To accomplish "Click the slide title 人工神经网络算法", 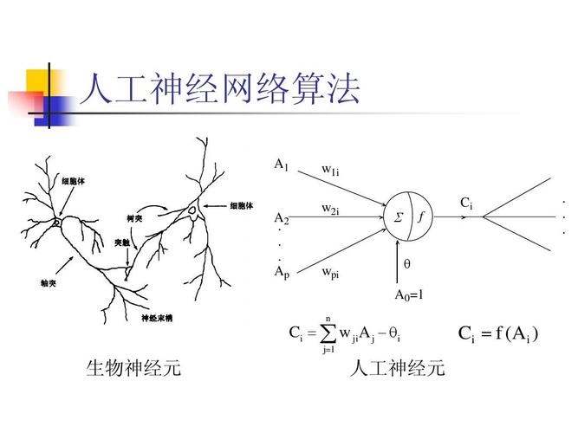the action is click(220, 90).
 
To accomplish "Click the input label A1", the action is click(281, 164).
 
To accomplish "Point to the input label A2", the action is click(282, 218).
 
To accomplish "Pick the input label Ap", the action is click(282, 272).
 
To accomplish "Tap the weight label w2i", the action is click(330, 209).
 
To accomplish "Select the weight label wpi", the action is click(330, 273).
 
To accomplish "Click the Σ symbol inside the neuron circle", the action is click(399, 217).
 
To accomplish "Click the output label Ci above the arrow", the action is click(466, 204).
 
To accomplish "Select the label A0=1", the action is click(409, 295).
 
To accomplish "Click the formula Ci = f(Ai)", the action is click(498, 333).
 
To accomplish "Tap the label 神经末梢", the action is click(157, 318).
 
